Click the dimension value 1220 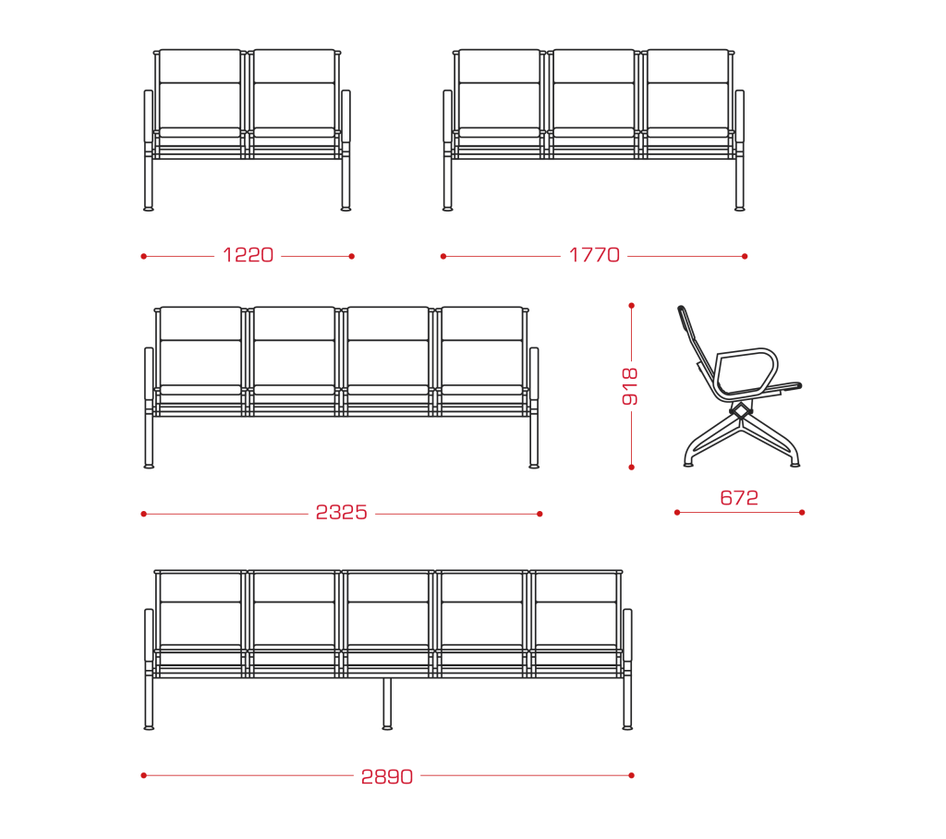tap(248, 255)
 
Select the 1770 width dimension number tap(594, 255)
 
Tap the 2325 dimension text tap(342, 513)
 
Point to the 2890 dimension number tap(387, 776)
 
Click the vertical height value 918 tap(630, 386)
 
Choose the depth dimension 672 tap(739, 498)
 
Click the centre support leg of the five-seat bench tap(387, 703)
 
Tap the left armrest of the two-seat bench tap(149, 116)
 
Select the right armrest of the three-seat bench tap(740, 116)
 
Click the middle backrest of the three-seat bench tap(594, 89)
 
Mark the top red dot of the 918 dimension tap(632, 306)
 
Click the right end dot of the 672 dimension tap(802, 513)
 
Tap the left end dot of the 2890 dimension tap(143, 775)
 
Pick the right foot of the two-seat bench tap(346, 209)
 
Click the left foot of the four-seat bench tap(149, 466)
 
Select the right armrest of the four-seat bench tap(534, 373)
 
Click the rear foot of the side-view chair tap(688, 464)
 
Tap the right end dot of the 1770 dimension tap(745, 257)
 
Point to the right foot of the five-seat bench tap(627, 728)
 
